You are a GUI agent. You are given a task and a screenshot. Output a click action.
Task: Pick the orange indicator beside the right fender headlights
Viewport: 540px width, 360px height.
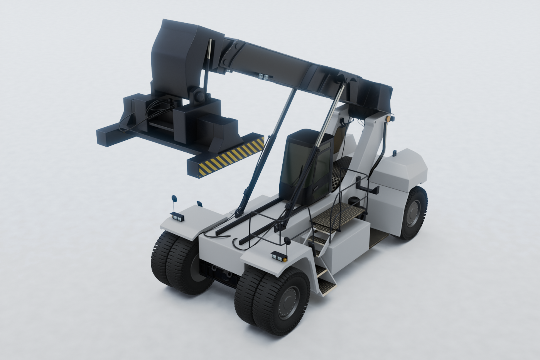coord(285,260)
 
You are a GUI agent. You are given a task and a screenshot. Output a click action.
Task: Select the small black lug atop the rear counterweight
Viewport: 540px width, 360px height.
coord(395,154)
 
